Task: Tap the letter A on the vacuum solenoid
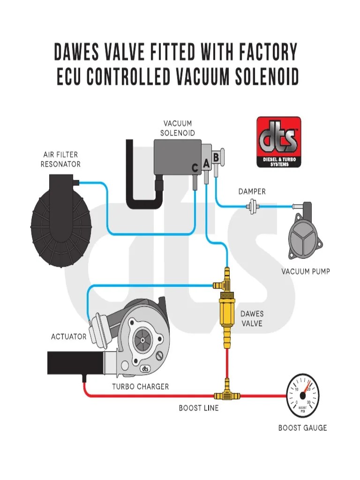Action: tap(206, 164)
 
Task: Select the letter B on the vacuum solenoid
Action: tap(216, 157)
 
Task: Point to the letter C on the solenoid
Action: tap(195, 167)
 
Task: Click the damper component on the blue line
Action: tap(254, 205)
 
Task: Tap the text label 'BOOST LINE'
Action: tap(198, 408)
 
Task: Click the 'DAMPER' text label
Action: tap(252, 191)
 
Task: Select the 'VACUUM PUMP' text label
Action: tap(305, 271)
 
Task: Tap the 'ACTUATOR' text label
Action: tap(68, 337)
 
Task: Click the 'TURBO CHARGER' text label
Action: tap(140, 387)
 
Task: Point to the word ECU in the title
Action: tap(74, 77)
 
